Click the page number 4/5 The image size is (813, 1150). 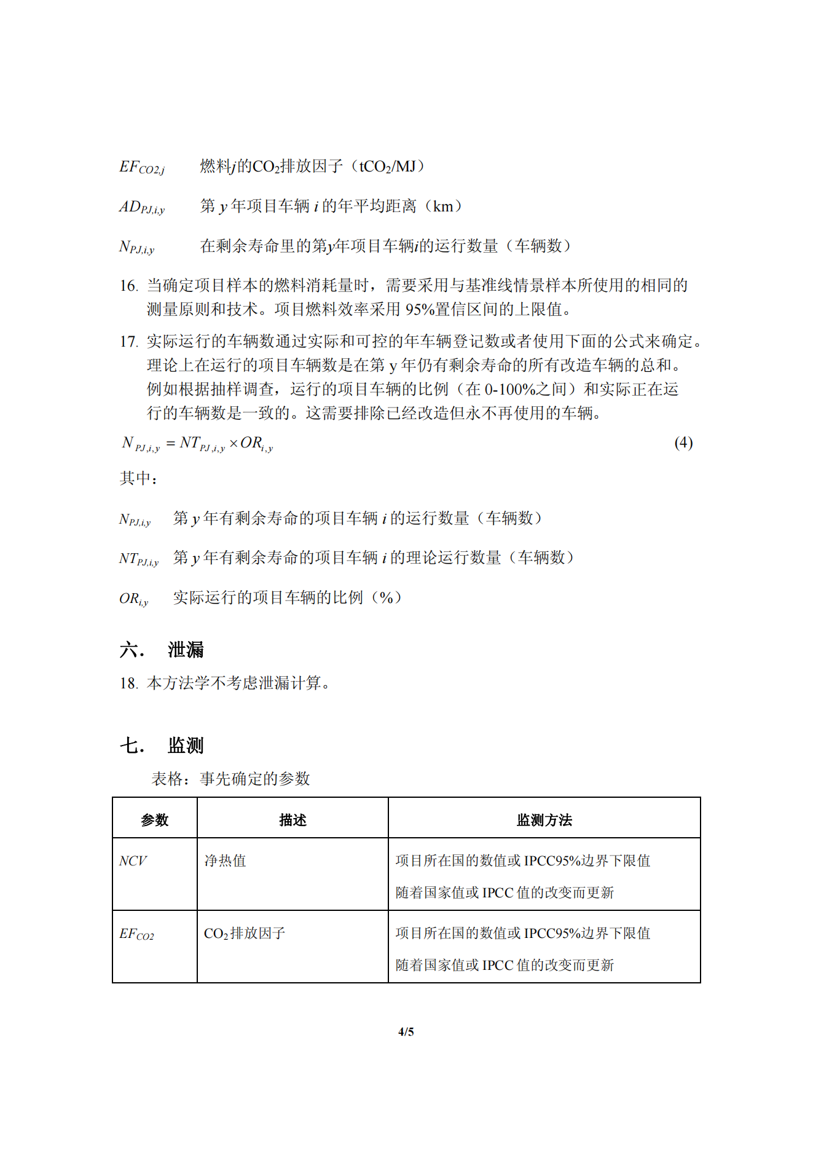[406, 1032]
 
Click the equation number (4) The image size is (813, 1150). [683, 443]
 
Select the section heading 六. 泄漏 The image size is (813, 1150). [162, 650]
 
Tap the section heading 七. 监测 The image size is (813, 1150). [162, 746]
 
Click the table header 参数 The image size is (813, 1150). [154, 820]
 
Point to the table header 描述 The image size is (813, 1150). [293, 820]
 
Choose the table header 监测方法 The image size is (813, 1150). [544, 820]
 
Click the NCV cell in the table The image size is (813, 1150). [133, 861]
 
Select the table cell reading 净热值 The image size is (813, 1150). [225, 861]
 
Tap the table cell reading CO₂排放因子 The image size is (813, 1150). [245, 934]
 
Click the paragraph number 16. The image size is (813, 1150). [128, 286]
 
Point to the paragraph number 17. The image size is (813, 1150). [128, 342]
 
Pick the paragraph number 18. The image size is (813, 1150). [128, 683]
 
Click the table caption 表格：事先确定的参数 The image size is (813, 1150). [230, 779]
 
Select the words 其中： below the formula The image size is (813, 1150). [138, 478]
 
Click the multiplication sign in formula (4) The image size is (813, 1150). [234, 443]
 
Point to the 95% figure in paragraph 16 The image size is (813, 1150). [420, 309]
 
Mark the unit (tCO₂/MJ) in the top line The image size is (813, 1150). [391, 167]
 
